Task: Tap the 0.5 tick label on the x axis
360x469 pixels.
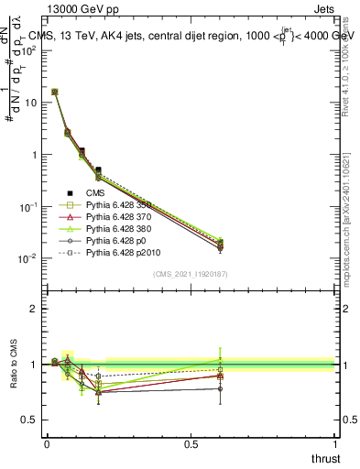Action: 191,443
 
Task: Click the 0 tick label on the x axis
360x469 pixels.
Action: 47,443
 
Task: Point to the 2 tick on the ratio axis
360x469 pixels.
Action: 33,309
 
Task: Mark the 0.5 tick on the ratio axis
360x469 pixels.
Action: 28,420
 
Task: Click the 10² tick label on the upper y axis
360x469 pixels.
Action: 29,51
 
